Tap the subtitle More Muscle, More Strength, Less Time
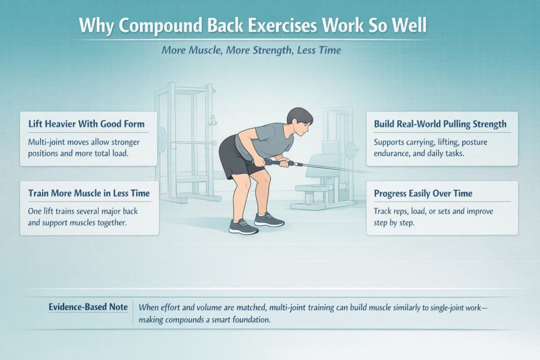tap(251, 51)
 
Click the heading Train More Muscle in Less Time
tap(89, 193)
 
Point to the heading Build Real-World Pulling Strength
tap(440, 124)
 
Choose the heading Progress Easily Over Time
tap(423, 193)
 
